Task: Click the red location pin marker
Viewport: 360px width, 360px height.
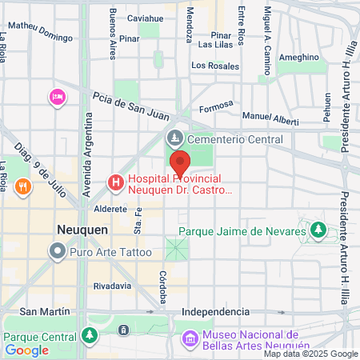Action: coord(180,162)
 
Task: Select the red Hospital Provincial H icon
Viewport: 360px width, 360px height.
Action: coord(116,184)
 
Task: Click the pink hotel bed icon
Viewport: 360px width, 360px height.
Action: coord(57,98)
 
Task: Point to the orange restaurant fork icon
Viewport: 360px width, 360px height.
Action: coord(25,187)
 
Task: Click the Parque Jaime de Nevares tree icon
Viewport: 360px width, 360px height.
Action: coord(318,231)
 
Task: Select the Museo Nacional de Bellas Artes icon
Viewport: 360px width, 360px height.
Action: coord(190,338)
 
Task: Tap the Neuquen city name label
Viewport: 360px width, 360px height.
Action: coord(82,229)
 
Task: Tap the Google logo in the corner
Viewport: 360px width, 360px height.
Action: coord(26,350)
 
